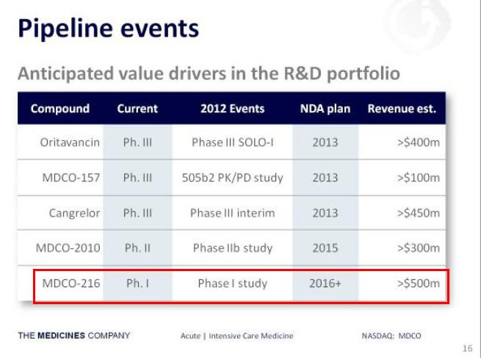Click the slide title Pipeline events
[108, 29]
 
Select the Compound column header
[60, 109]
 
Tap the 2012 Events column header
[232, 109]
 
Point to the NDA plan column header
[325, 109]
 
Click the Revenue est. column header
[402, 109]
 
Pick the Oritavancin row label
[70, 142]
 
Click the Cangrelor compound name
[74, 213]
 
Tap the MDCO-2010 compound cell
[68, 248]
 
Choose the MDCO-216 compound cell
[71, 283]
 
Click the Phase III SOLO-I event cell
[232, 142]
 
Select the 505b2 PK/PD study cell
[232, 177]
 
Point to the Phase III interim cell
[232, 213]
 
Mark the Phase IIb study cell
[232, 248]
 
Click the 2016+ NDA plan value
[325, 283]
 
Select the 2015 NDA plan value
[325, 248]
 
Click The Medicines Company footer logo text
[74, 336]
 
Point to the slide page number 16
[468, 348]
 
